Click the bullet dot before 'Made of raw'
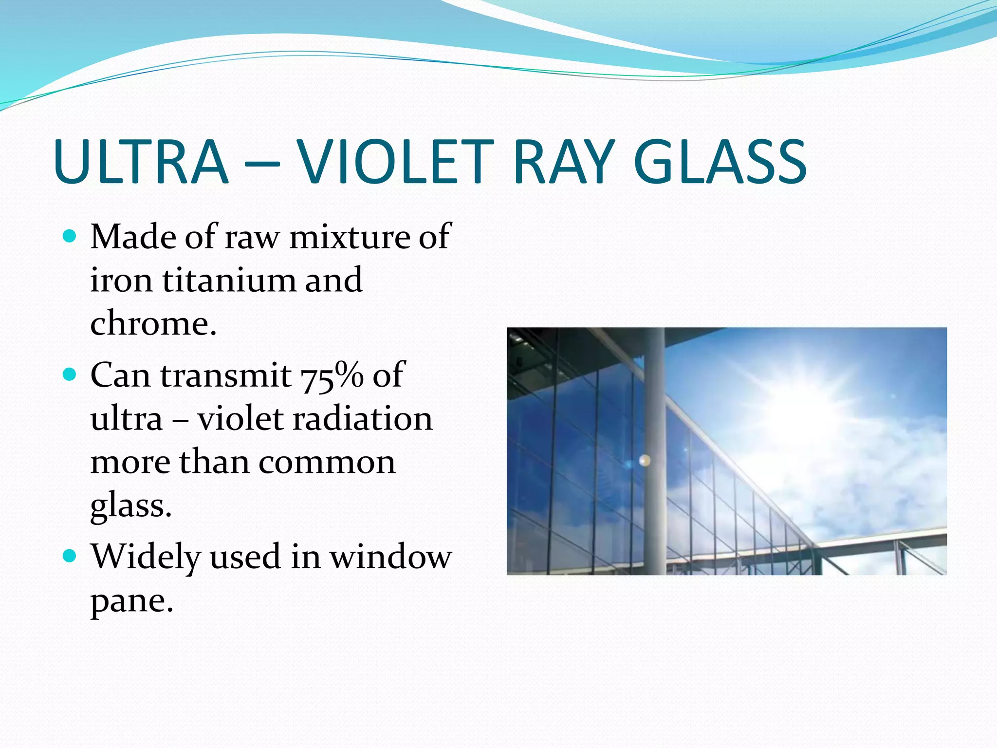click(70, 237)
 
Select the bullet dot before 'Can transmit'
click(70, 375)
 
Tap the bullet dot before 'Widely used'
click(70, 556)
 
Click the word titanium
click(229, 280)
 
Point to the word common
click(327, 462)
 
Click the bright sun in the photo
click(798, 409)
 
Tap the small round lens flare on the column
click(645, 460)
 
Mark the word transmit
click(226, 376)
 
